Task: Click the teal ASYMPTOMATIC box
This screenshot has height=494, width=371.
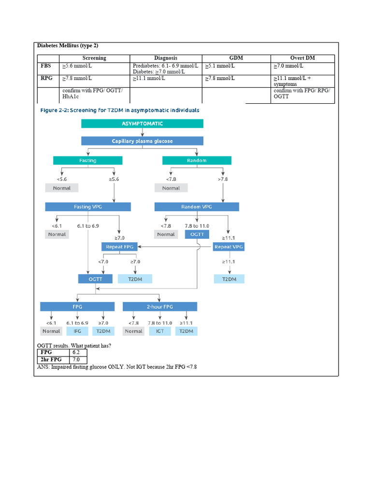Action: click(x=142, y=123)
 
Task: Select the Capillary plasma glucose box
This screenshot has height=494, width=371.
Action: click(x=142, y=141)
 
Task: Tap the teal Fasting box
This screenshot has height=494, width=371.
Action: click(x=87, y=160)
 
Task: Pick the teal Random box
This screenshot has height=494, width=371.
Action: click(x=197, y=160)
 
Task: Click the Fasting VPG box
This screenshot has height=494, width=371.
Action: click(x=88, y=206)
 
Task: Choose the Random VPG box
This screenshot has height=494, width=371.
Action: click(x=197, y=206)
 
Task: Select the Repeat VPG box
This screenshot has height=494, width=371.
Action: click(x=229, y=247)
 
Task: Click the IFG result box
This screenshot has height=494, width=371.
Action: click(x=77, y=331)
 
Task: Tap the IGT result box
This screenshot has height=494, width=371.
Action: click(x=159, y=331)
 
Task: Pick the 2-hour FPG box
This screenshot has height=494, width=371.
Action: click(x=160, y=306)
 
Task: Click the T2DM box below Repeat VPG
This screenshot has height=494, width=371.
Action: click(x=229, y=279)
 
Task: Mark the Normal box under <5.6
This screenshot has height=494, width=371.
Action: click(x=62, y=188)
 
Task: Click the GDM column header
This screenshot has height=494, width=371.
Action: click(x=236, y=58)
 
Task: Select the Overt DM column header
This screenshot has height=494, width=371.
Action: click(x=302, y=58)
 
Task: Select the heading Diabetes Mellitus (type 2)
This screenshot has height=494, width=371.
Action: click(x=68, y=45)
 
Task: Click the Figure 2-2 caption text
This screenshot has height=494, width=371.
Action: click(x=119, y=110)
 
